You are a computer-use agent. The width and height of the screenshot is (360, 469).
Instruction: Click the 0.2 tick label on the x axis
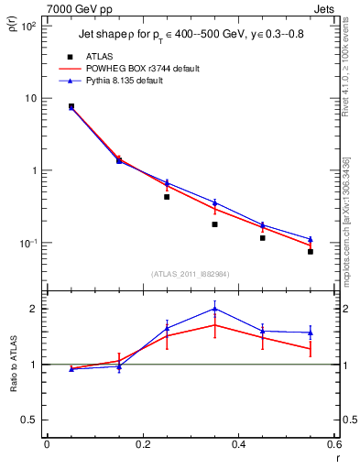142,445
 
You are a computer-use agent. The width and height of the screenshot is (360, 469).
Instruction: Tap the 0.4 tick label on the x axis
238,445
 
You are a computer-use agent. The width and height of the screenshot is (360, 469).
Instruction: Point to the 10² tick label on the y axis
29,27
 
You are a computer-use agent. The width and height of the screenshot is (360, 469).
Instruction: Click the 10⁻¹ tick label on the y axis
29,243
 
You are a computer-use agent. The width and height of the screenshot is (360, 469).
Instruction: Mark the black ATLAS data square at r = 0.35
214,224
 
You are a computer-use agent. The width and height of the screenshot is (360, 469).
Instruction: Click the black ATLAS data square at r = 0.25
167,196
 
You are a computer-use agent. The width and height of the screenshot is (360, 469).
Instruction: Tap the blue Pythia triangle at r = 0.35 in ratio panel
214,309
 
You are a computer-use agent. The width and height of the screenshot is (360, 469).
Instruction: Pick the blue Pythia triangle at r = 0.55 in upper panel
311,239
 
